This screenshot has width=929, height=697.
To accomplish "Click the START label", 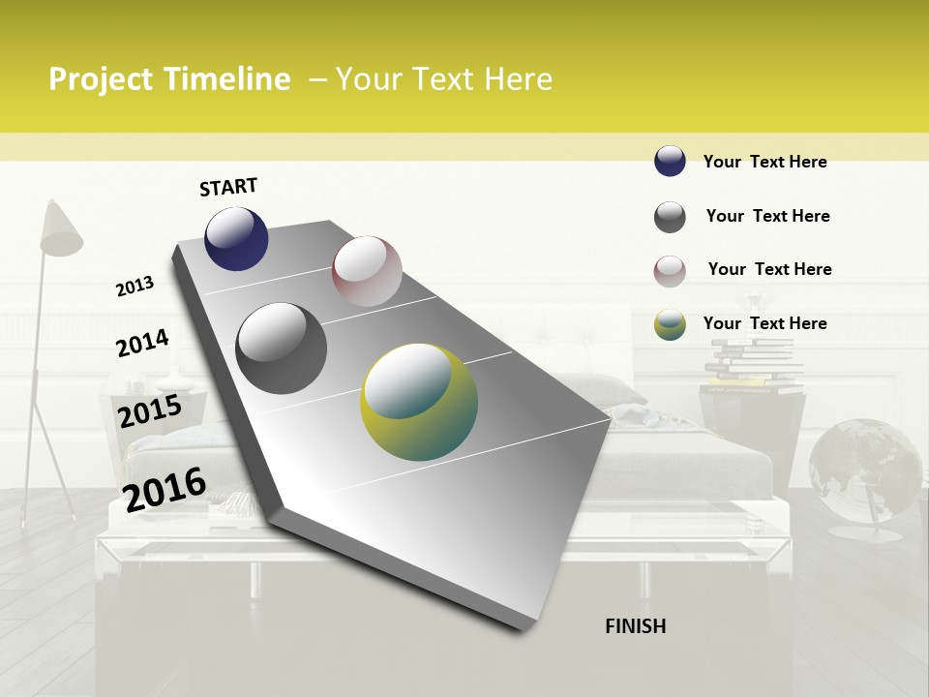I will coord(228,187).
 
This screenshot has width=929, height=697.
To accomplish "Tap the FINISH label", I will coord(635,626).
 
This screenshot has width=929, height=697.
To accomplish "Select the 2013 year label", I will coord(135,287).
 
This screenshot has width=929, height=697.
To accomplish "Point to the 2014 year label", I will coord(142,344).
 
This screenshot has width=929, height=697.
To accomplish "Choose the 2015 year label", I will coord(149,411).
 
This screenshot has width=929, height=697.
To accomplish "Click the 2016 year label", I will coord(165,488).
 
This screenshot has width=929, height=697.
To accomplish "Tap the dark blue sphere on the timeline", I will coord(236,239).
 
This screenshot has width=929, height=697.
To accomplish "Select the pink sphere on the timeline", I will coord(367,271).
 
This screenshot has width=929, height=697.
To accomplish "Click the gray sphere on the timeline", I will coord(281,348).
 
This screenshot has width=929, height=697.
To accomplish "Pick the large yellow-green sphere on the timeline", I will coord(418,402).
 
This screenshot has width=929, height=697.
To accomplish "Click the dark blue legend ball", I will coord(670,162).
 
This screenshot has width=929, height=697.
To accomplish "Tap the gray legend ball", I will coord(670,217).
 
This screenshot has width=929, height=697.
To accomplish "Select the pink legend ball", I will coord(670,270).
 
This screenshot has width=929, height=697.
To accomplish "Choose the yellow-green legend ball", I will coord(670,324).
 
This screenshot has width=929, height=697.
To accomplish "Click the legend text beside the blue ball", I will coord(764,162).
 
